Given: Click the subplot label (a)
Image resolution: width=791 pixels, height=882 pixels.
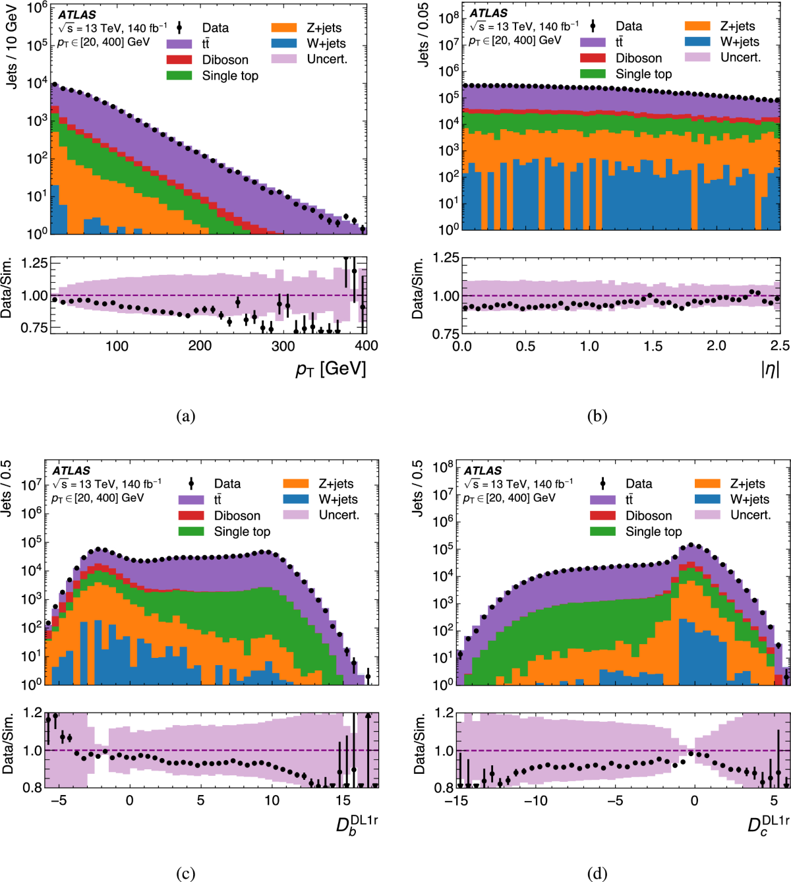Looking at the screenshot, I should click(186, 416).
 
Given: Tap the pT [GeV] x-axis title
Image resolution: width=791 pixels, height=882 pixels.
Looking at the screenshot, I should click(330, 368).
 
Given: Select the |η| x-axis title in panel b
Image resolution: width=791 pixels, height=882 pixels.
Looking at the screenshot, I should click(769, 368).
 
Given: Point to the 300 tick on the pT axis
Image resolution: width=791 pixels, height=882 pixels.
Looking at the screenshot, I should click(283, 346).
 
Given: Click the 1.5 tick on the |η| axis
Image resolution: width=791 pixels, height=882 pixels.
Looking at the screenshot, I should click(653, 346).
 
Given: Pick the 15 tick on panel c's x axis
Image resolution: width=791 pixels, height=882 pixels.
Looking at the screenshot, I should click(343, 800).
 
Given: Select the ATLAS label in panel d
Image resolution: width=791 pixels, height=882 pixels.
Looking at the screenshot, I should click(483, 471).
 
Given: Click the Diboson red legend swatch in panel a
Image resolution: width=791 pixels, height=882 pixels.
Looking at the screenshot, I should click(179, 60).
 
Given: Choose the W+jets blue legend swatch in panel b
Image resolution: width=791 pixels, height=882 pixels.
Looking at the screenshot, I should click(697, 42).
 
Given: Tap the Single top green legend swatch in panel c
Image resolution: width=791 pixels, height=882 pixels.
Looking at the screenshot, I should click(191, 531).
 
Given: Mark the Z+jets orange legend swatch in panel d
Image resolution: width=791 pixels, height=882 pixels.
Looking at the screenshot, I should click(707, 484).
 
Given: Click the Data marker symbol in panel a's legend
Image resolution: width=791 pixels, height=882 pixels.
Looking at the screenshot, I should click(179, 28).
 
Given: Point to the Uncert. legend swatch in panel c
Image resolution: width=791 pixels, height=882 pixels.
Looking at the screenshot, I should click(296, 515).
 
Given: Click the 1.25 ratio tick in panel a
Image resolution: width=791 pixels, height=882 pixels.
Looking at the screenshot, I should click(34, 263).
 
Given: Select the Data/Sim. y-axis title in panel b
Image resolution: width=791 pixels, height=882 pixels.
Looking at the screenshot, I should click(418, 289).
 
